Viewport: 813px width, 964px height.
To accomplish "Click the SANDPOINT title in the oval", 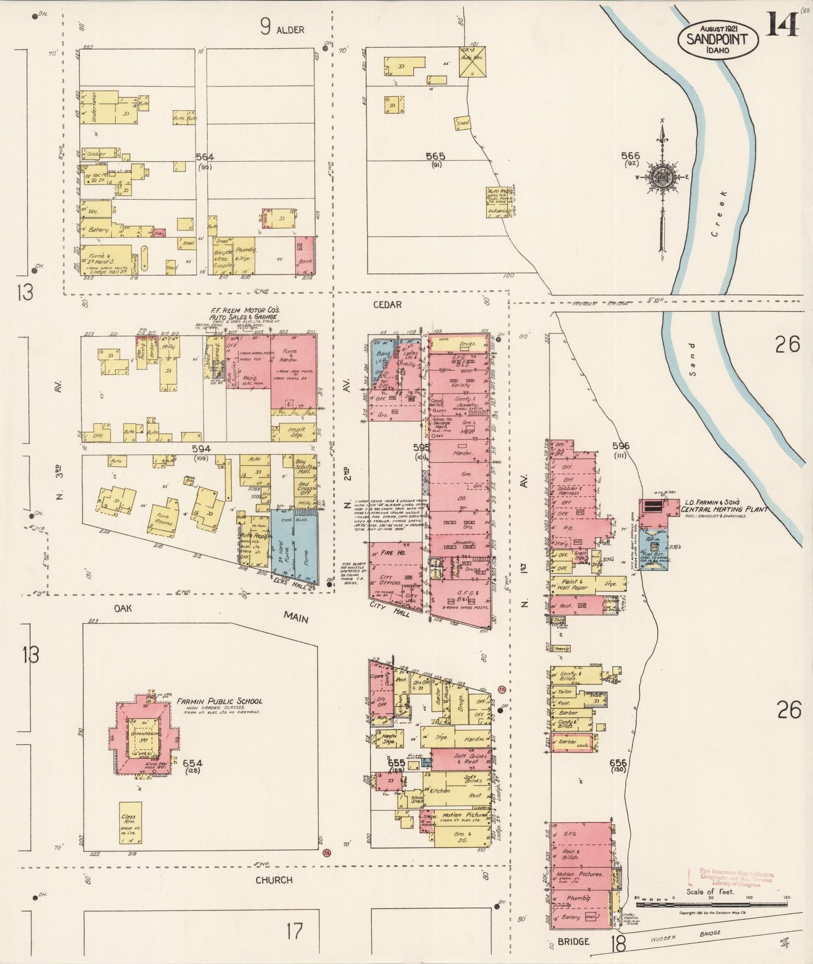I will pos(717,39).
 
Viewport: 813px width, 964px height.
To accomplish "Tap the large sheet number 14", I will pos(781,24).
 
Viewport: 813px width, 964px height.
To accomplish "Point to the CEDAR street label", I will pos(388,304).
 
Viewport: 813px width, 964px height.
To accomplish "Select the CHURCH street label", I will pos(274,880).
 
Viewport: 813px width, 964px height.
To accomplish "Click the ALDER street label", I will pos(290,29).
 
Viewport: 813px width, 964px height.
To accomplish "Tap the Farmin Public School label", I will pos(219,701).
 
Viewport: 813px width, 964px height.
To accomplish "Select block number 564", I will pos(204,157).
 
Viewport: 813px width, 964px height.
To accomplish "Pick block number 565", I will pos(435,156).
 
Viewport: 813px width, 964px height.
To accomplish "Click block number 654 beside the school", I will pos(192,763).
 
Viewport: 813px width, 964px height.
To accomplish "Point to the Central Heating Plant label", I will pos(724,509).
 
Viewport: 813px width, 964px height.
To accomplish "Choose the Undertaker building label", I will pos(94,107).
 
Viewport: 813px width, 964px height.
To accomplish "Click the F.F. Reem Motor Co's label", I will pos(245,310).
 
